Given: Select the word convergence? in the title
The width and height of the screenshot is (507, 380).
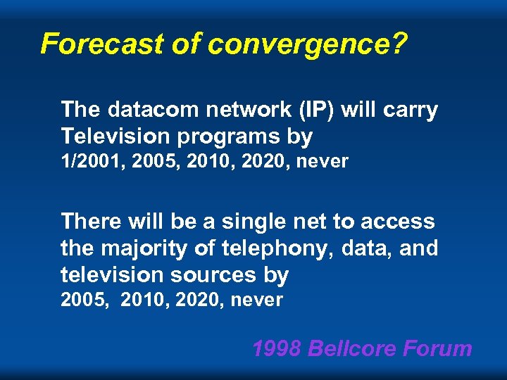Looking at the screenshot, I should click(308, 44).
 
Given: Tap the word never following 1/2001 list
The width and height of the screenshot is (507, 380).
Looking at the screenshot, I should click(323, 162).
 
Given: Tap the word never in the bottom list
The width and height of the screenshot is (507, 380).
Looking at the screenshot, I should click(257, 300).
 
